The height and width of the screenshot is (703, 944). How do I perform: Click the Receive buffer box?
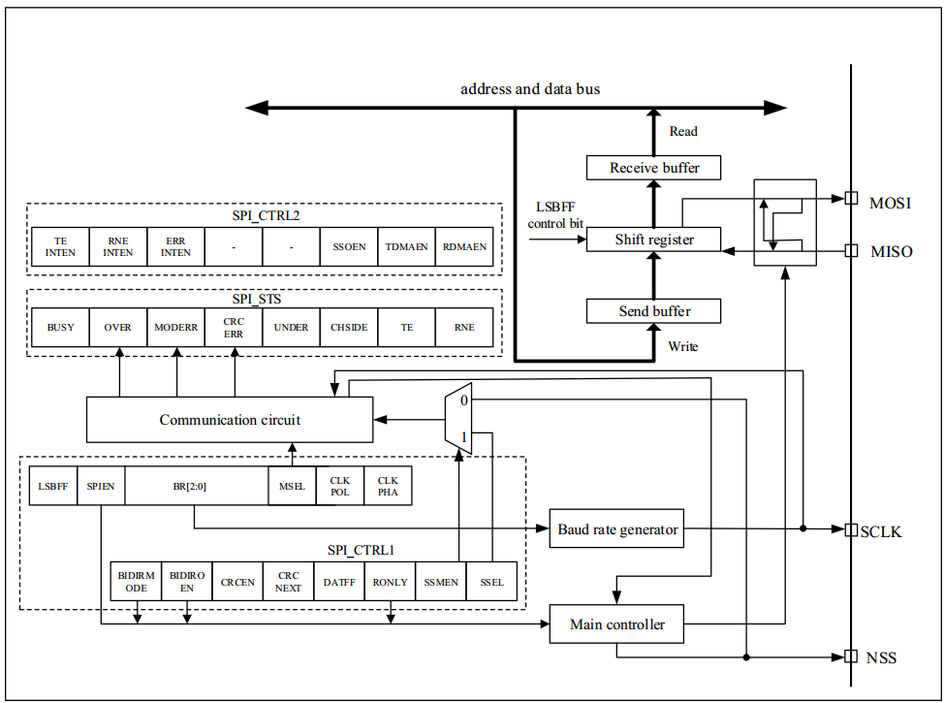654,168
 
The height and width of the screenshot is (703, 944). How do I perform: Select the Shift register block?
654,240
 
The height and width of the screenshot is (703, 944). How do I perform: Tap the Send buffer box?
654,311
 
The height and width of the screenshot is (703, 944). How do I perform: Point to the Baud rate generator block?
618,529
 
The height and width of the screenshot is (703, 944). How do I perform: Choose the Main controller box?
617,623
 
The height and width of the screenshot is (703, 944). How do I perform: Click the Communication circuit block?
230,420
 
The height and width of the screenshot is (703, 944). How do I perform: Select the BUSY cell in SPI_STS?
60,328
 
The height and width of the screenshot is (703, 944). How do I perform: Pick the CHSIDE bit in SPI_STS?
349,328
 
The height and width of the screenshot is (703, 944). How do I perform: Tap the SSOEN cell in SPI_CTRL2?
349,246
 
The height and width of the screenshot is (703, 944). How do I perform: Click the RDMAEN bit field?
464,246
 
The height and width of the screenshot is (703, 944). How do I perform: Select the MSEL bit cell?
291,487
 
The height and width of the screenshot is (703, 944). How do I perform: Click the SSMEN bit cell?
442,582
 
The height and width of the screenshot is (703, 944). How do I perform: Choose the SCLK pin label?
881,532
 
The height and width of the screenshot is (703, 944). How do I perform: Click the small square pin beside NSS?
850,656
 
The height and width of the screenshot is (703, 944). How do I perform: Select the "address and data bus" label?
529,89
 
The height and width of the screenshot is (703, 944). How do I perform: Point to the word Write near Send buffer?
683,346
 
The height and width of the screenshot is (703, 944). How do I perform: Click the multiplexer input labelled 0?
464,399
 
